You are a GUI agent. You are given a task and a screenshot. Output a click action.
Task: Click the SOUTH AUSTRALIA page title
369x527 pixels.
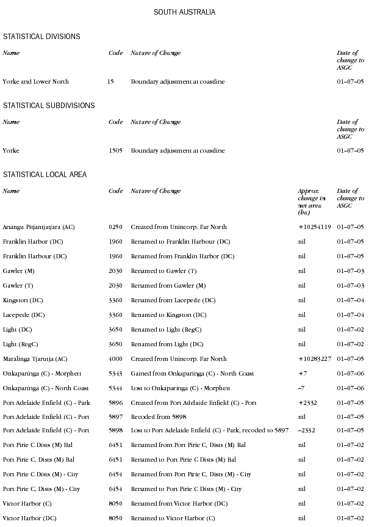point(184,12)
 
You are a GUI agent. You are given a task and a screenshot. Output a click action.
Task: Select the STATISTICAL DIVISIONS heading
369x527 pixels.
point(41,37)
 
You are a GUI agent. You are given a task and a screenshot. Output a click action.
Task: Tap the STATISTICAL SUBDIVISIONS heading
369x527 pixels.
point(49,106)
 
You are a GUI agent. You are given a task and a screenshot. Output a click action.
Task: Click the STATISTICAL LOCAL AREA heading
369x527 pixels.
point(45,175)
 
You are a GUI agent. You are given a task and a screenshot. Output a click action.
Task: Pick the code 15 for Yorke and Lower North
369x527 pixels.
point(110,82)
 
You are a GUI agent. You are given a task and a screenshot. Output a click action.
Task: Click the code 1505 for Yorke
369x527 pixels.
point(115,151)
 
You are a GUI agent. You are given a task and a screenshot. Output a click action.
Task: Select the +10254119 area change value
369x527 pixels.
point(314,227)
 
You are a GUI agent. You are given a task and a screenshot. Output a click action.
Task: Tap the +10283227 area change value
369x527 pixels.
point(314,359)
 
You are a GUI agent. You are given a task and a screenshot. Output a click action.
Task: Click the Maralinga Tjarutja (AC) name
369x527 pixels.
point(35,359)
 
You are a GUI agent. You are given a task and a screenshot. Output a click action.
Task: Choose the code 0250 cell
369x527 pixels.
point(115,227)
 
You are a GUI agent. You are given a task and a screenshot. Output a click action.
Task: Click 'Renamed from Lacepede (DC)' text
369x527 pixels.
point(173,300)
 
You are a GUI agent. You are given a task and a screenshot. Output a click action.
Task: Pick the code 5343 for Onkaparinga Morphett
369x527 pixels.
point(115,374)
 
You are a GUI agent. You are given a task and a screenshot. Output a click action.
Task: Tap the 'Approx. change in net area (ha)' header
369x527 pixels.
point(312,202)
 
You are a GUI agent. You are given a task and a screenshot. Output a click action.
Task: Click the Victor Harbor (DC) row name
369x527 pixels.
point(28,518)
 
